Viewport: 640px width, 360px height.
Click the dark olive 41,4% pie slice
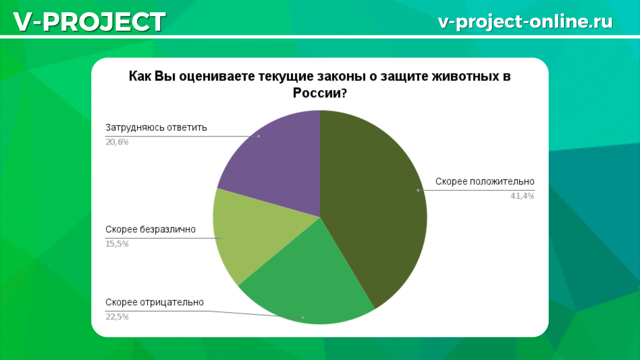tap(373, 203)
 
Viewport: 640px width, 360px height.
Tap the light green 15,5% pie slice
tap(251, 235)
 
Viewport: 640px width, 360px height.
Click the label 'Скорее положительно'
tap(485, 181)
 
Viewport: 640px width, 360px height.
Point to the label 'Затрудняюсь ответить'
tap(156, 128)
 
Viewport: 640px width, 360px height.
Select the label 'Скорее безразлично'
tap(150, 230)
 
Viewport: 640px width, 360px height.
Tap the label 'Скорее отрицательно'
tap(155, 302)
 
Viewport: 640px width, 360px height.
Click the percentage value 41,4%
tap(522, 196)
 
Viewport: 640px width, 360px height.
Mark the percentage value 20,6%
tap(117, 142)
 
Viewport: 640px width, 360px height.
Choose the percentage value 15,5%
tap(117, 244)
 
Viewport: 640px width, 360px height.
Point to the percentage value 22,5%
tap(117, 317)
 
